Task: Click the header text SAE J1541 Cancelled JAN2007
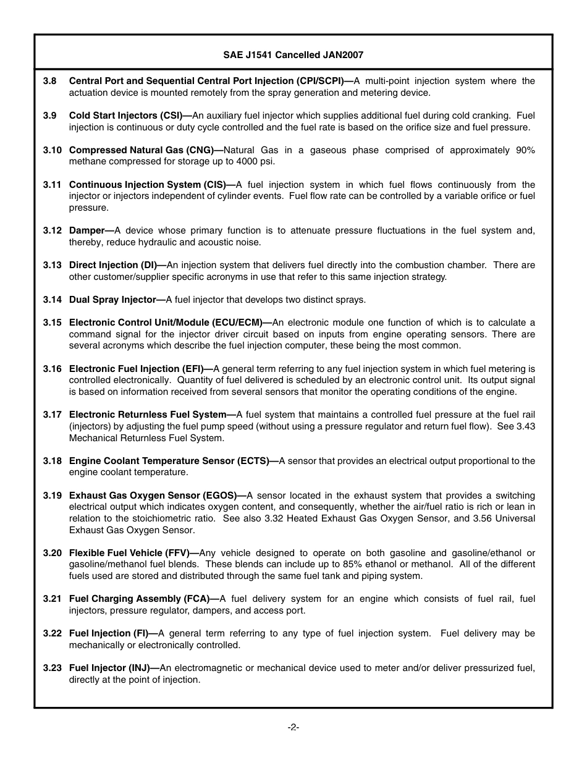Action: (x=293, y=55)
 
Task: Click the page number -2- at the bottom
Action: (x=293, y=727)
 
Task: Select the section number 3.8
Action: (x=50, y=81)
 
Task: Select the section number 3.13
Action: (x=52, y=265)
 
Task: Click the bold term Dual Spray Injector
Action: (x=112, y=300)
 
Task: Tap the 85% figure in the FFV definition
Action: (x=352, y=565)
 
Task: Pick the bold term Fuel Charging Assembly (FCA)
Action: (x=139, y=599)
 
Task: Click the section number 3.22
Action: (x=52, y=633)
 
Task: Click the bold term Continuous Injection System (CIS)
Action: (x=147, y=185)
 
